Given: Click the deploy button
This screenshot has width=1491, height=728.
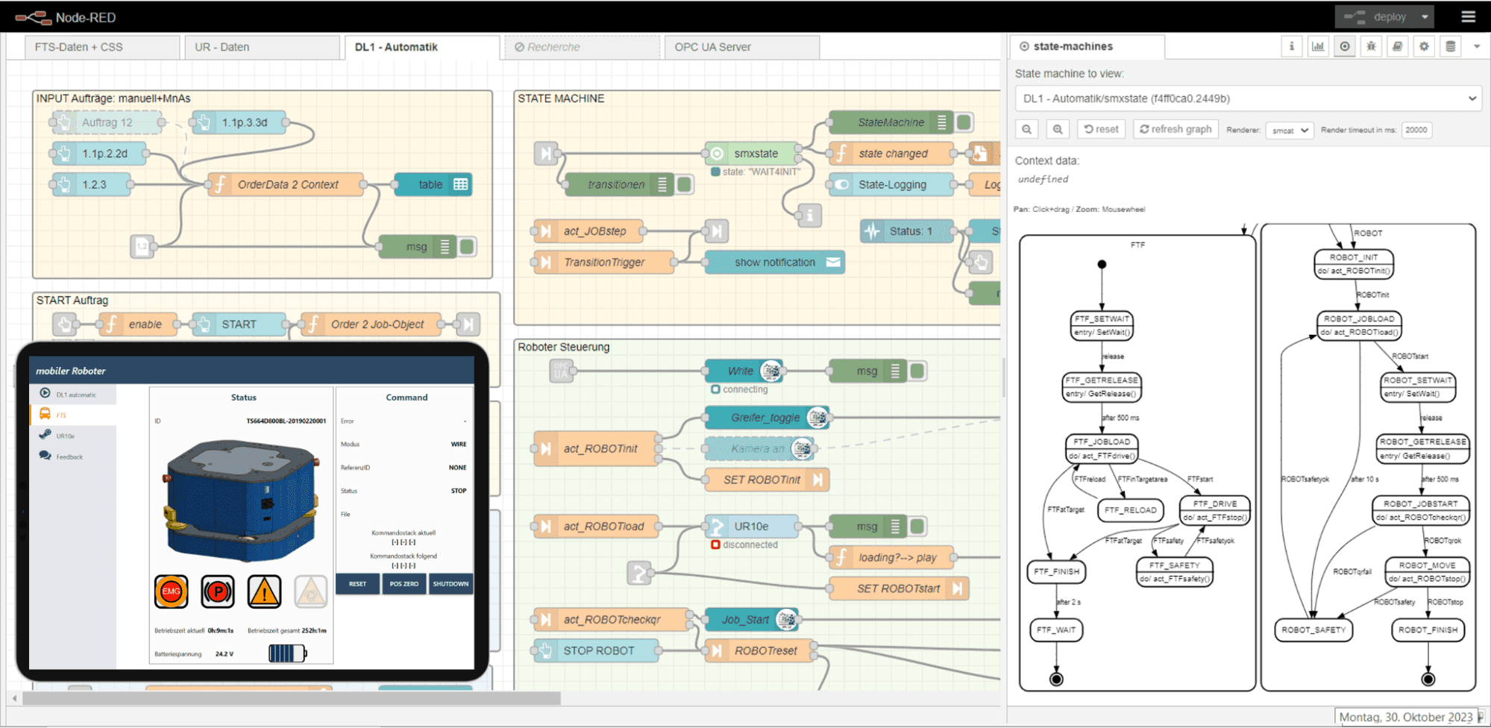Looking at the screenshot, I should click(1381, 16).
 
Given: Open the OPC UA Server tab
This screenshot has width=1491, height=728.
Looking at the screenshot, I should click(712, 47).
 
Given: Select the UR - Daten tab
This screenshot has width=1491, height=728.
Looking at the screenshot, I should click(222, 47).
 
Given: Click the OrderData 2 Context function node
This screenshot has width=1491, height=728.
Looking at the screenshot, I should click(287, 184).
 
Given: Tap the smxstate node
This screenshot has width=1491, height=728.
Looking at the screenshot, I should click(755, 154).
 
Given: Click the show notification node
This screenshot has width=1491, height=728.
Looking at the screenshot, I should click(774, 263).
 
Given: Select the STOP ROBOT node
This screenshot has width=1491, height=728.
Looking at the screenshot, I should click(598, 650).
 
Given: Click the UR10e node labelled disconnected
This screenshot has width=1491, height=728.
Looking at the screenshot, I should click(751, 526).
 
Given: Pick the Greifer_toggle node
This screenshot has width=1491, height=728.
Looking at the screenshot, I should click(765, 418).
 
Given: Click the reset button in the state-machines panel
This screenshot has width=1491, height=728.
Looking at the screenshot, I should click(1101, 129).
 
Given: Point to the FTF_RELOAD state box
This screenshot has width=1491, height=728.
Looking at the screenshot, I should click(1130, 510).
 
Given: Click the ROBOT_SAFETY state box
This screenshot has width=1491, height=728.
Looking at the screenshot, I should click(1313, 630).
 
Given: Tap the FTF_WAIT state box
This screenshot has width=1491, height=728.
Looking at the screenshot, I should click(1056, 630).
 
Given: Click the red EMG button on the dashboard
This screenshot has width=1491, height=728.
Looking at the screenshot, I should click(172, 591).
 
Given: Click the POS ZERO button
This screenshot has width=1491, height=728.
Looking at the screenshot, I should click(404, 584).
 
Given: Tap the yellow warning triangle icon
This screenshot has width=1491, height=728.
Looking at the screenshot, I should click(264, 592).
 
